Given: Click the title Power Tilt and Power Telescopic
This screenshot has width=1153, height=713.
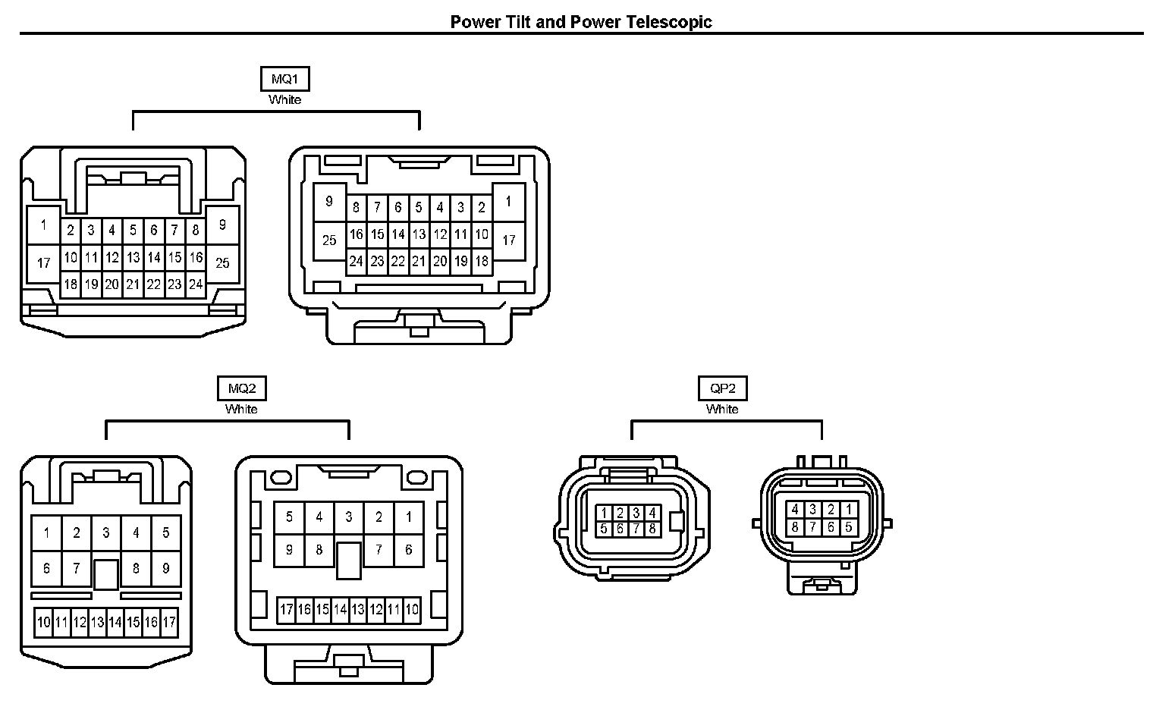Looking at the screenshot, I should (x=581, y=21).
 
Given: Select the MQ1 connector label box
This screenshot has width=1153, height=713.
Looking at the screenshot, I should (x=284, y=80).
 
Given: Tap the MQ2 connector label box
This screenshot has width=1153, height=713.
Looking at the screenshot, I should (x=241, y=389).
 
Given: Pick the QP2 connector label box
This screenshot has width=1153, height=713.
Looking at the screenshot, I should (x=722, y=389).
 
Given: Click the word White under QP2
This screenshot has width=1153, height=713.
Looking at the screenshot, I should (x=722, y=410).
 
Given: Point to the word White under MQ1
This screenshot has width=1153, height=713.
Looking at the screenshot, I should (x=284, y=100).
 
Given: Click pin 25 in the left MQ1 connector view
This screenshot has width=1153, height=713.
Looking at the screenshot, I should (x=222, y=263).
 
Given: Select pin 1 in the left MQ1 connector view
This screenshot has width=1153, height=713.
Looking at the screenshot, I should (x=44, y=225).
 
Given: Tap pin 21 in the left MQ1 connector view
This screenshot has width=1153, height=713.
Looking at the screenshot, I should (x=133, y=285).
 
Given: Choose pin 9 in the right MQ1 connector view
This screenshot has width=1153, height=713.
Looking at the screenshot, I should (x=329, y=202).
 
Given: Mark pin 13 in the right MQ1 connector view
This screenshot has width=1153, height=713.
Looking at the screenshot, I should (x=419, y=235).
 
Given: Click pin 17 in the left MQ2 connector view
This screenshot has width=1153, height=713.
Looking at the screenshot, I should (x=169, y=623).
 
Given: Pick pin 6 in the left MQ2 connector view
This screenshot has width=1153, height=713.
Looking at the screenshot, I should (x=46, y=568).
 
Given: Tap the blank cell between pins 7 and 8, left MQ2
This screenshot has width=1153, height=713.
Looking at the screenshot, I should (x=106, y=573).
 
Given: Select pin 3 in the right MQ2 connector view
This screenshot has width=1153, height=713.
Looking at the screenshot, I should (x=349, y=517).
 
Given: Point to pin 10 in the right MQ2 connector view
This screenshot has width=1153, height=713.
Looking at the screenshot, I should (x=412, y=609).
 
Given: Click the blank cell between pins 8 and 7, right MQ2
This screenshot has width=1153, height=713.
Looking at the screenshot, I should (x=349, y=561).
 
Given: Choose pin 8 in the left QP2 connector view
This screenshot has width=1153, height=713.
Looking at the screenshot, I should (x=652, y=529).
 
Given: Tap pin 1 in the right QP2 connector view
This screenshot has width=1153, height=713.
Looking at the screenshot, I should (x=849, y=510).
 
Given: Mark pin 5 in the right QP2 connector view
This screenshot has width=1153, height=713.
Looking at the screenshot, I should (x=849, y=527).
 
